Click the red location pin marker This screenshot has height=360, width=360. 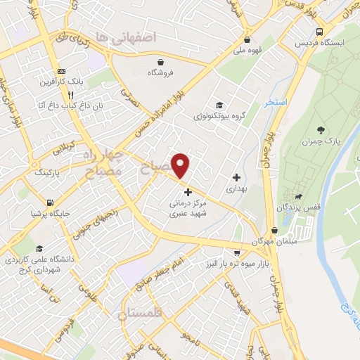tap(181, 165)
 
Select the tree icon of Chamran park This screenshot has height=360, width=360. tap(321, 129)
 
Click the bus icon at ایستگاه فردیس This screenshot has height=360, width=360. tap(320, 32)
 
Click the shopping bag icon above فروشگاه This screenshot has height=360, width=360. tap(161, 61)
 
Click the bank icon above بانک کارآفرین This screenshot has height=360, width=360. tap(62, 71)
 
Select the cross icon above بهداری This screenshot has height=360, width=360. tap(236, 177)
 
